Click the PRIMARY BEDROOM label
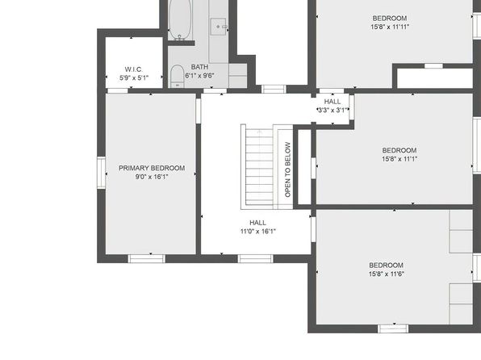click(x=152, y=168)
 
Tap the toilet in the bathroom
click(x=177, y=76)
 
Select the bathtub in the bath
click(x=180, y=19)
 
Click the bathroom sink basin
click(x=218, y=27)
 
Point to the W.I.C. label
click(x=133, y=69)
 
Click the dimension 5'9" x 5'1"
click(x=134, y=78)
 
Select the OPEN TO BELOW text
click(x=287, y=170)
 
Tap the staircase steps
click(x=259, y=167)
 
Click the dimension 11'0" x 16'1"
click(x=258, y=232)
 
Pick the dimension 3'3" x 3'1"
click(x=333, y=110)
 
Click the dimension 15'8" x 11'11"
click(x=390, y=27)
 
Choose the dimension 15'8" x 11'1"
click(x=399, y=159)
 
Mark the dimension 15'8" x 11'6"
click(x=387, y=274)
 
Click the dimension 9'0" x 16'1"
click(x=152, y=177)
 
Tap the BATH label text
click(x=199, y=67)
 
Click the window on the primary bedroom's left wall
click(x=101, y=173)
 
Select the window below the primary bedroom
click(x=146, y=259)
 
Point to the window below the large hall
click(x=255, y=259)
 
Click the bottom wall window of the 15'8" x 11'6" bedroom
click(x=393, y=329)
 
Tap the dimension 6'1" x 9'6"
click(x=199, y=76)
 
